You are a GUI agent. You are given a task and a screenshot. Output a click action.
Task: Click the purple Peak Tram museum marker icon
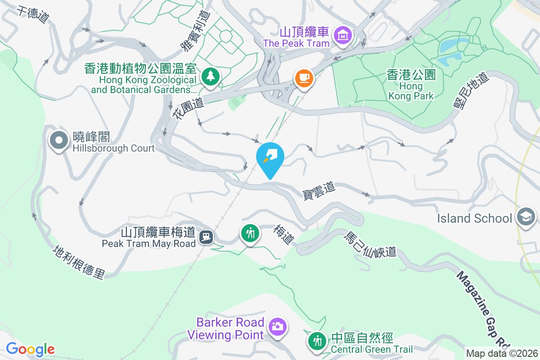pyautogui.click(x=343, y=35)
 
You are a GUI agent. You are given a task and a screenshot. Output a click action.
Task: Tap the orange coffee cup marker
pyautogui.click(x=304, y=77)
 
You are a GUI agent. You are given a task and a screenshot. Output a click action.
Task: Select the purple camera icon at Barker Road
pyautogui.click(x=278, y=326)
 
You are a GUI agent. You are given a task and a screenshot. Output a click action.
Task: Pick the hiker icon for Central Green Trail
pyautogui.click(x=318, y=341)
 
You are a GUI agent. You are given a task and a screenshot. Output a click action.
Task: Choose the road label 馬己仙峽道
pyautogui.click(x=370, y=244)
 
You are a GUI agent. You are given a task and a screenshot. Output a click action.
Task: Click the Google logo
pyautogui.click(x=30, y=349)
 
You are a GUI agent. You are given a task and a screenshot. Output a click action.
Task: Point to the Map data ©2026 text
pyautogui.click(x=502, y=354)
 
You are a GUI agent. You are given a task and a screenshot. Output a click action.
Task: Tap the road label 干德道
pyautogui.click(x=33, y=14)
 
